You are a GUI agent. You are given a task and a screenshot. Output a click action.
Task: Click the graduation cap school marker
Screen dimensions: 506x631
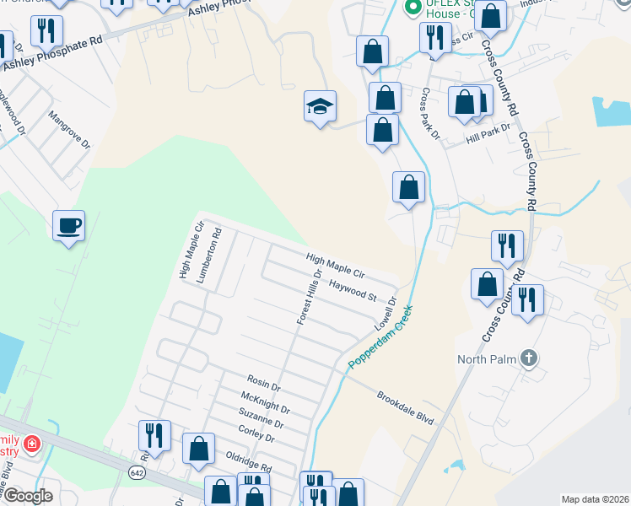320,106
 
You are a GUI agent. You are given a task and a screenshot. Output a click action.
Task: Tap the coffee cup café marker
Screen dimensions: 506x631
69,226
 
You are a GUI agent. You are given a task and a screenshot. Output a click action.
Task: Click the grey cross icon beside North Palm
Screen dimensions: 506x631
528,358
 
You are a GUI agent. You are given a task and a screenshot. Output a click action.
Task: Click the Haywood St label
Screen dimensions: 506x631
353,290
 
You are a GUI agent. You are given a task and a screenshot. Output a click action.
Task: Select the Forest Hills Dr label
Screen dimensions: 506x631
308,297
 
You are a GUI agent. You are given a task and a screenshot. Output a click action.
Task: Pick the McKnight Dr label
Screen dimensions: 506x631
265,402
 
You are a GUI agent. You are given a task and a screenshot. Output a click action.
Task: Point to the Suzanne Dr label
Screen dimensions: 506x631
262,419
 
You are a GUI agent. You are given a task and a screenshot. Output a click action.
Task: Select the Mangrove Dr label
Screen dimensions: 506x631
69,130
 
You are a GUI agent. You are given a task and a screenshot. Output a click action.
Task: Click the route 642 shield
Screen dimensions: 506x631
137,472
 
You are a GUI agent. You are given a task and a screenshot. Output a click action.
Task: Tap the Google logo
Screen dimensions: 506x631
26,496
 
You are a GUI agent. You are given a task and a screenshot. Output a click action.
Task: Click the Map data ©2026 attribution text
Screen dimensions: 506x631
595,499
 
